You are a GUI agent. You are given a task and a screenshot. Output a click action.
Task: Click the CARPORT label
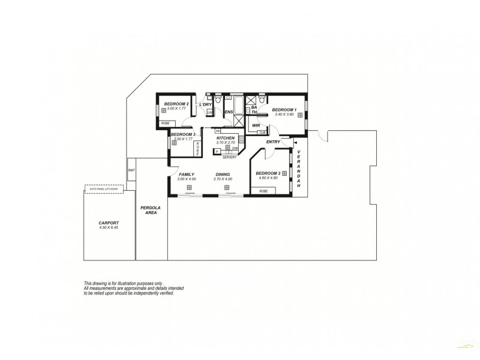(109, 223)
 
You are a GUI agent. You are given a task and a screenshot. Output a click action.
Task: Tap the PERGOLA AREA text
(148, 210)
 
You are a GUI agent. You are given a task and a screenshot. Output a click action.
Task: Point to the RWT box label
(131, 170)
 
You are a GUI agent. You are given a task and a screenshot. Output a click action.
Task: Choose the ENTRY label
(273, 142)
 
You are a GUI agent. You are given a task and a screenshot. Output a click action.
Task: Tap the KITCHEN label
(225, 138)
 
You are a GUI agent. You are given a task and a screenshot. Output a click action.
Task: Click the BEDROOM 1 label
(284, 110)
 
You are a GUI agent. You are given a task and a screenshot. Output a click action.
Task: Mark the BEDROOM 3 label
(182, 134)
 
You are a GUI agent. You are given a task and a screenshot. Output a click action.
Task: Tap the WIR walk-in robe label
(256, 125)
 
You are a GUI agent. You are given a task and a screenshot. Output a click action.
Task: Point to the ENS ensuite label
(229, 112)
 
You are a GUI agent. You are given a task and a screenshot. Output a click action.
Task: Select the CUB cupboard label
(262, 133)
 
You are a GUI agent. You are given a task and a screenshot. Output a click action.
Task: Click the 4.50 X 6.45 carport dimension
(109, 228)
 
